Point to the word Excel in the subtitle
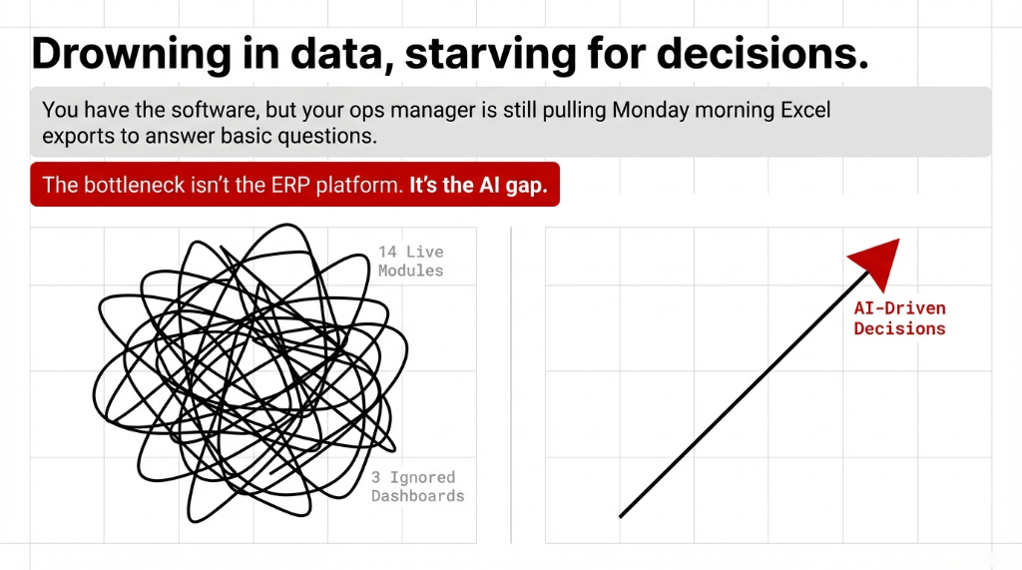(803, 109)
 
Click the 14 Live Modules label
(410, 262)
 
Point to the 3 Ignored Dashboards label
(417, 487)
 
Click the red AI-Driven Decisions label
(899, 318)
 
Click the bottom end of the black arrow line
(621, 515)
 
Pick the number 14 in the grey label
(387, 253)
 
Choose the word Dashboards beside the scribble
(417, 496)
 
